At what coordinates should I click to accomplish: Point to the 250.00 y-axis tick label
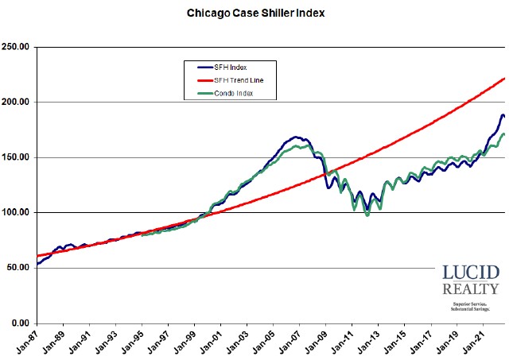click(17, 47)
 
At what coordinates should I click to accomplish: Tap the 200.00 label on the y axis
click(17, 103)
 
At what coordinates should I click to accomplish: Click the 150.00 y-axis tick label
click(17, 157)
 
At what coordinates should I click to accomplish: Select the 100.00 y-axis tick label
click(17, 213)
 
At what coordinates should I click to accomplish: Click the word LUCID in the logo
click(471, 273)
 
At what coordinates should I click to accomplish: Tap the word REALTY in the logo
click(471, 289)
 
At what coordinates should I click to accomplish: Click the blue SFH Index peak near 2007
click(295, 137)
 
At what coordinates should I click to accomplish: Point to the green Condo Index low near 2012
click(367, 215)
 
